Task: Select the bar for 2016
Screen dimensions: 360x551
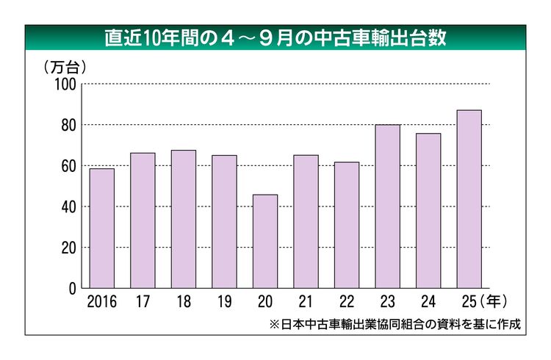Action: (x=102, y=228)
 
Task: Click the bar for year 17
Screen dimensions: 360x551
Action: (x=143, y=220)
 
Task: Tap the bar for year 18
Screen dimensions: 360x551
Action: (x=184, y=219)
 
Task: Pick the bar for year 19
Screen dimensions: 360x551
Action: (x=224, y=222)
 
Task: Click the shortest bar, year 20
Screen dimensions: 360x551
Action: (x=265, y=242)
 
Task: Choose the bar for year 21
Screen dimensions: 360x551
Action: (x=306, y=222)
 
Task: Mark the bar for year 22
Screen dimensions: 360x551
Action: (x=347, y=225)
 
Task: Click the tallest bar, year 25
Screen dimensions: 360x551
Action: (x=469, y=199)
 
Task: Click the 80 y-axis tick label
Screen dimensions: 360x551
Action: (x=69, y=125)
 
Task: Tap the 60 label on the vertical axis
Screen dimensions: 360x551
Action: (x=69, y=166)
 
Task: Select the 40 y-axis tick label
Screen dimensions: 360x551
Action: (x=69, y=207)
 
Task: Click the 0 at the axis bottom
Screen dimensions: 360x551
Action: (x=73, y=289)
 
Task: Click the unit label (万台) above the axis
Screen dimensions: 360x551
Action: (x=65, y=67)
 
